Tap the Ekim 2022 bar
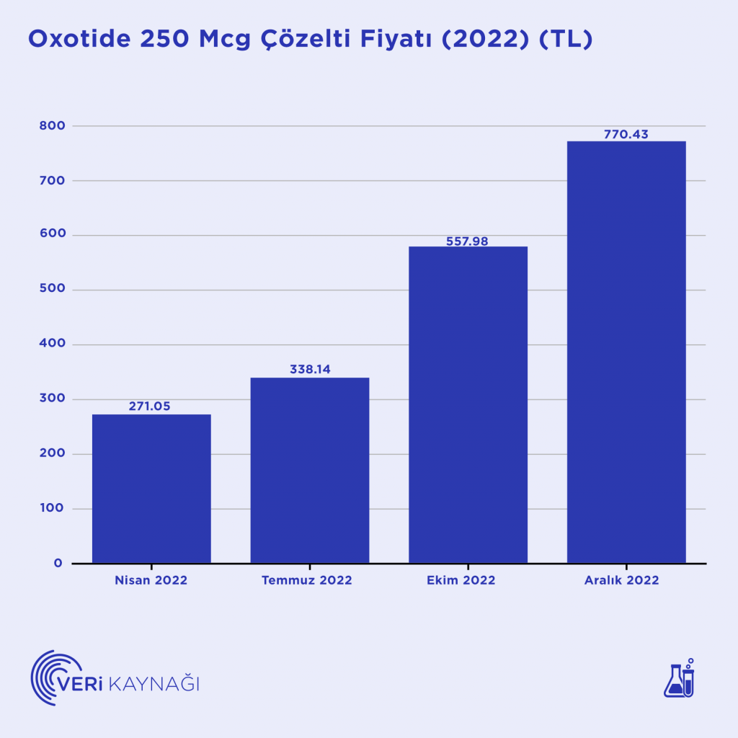point(468,404)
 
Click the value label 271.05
point(150,406)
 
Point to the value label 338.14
point(310,370)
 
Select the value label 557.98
point(468,241)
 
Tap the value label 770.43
point(626,134)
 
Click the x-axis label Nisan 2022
point(151,580)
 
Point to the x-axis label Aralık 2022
point(621,580)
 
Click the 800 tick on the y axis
point(54,126)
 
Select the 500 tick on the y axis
point(54,290)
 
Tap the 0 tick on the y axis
point(58,563)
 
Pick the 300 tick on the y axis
point(54,399)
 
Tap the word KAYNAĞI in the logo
point(154,683)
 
